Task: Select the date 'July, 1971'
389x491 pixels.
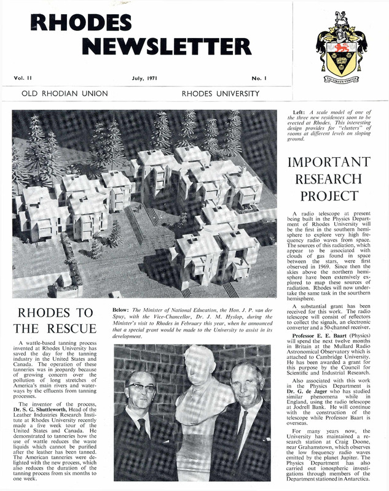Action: tap(145, 79)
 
